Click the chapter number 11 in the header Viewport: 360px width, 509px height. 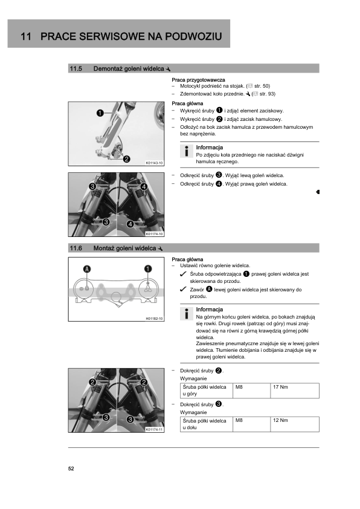(26, 36)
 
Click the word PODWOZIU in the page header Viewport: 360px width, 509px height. (194, 36)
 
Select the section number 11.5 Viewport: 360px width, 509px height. (76, 68)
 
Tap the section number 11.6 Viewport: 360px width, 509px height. (76, 248)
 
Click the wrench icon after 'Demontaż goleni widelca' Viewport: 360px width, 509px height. (168, 69)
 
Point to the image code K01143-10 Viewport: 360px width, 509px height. (155, 163)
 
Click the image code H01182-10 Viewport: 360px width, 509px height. (155, 319)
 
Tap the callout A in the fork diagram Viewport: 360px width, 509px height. (87, 269)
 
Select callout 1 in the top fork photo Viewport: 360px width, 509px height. (100, 113)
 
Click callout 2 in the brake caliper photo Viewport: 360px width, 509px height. (126, 159)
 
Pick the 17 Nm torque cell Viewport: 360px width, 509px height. (295, 391)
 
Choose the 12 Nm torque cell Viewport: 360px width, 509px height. (295, 424)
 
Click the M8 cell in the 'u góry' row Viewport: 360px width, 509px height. (252, 391)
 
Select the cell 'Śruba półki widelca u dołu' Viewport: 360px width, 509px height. (207, 424)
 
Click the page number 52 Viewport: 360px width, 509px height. (71, 468)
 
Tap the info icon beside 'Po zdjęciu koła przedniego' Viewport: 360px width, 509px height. (187, 151)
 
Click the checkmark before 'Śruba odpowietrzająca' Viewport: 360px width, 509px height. (183, 274)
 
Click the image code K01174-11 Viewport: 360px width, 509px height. (155, 429)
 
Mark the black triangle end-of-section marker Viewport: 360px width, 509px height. (318, 192)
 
